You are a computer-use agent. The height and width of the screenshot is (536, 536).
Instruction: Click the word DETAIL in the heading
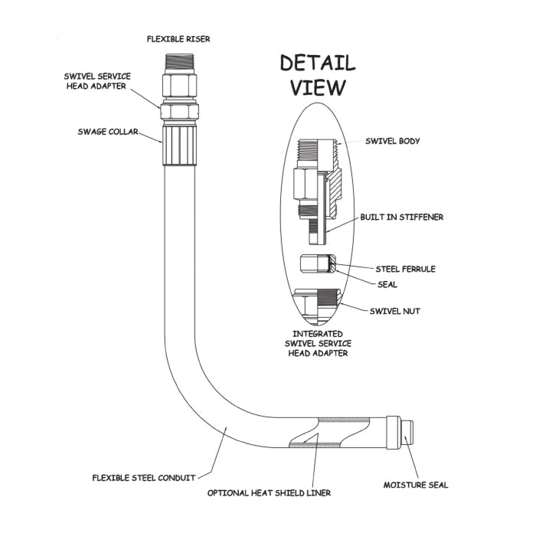click(317, 62)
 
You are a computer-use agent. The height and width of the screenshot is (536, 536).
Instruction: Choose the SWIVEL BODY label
click(393, 141)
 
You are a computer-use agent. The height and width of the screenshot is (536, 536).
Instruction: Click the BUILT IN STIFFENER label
click(402, 217)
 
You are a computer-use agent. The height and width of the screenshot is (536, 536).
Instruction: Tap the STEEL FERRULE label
click(405, 269)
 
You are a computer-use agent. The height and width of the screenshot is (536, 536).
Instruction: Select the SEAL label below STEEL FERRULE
click(387, 284)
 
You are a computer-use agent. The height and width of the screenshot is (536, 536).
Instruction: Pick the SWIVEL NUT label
click(395, 311)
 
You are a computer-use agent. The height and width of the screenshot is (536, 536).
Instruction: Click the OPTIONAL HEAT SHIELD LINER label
click(270, 493)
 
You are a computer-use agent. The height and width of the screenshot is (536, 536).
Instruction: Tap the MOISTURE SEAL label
click(416, 485)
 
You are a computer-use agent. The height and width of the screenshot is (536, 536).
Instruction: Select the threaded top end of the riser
click(181, 62)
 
